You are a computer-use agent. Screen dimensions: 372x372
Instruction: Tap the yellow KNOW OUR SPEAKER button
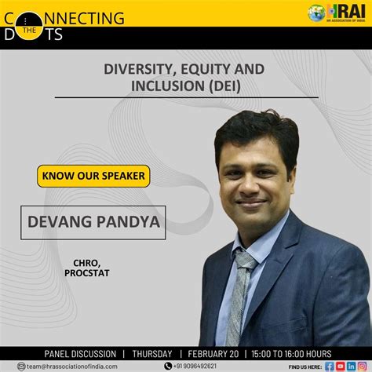(x=93, y=175)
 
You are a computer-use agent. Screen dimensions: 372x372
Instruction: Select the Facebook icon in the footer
(x=330, y=366)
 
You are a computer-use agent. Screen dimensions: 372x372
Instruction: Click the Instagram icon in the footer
(x=362, y=366)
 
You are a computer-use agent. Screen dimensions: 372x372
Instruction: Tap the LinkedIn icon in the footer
(x=351, y=366)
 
